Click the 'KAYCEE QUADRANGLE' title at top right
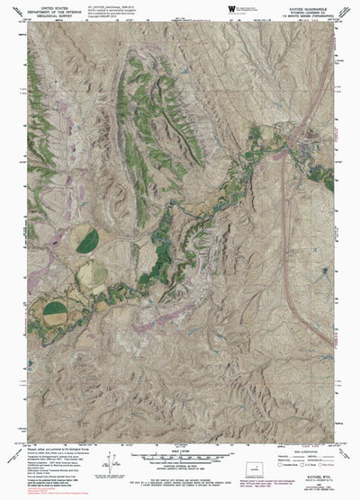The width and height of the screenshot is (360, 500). coord(311,7)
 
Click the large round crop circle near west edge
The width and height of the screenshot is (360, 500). coord(55,313)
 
